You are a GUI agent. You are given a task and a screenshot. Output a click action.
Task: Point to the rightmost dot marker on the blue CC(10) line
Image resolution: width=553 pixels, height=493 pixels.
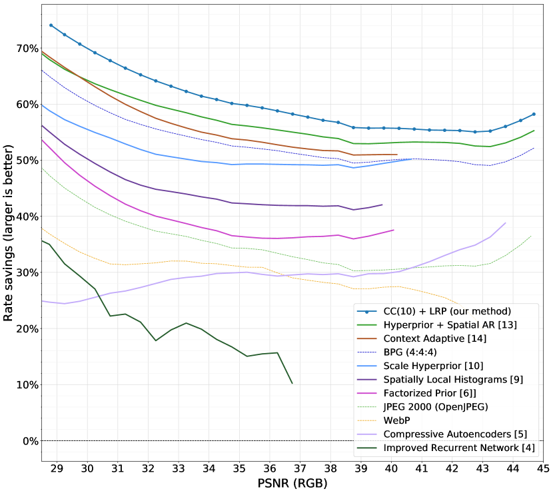(x=534, y=114)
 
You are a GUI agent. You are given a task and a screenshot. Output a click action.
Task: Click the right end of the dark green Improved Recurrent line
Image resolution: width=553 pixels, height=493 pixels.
(x=292, y=383)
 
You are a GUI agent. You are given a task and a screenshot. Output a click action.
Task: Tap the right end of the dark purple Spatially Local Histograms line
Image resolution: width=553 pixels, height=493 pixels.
(x=382, y=205)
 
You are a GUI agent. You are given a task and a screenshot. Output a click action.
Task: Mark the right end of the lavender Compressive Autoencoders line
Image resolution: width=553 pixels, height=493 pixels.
(x=505, y=223)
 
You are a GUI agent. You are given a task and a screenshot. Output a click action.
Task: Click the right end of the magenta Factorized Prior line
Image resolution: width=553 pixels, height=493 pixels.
(x=394, y=230)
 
